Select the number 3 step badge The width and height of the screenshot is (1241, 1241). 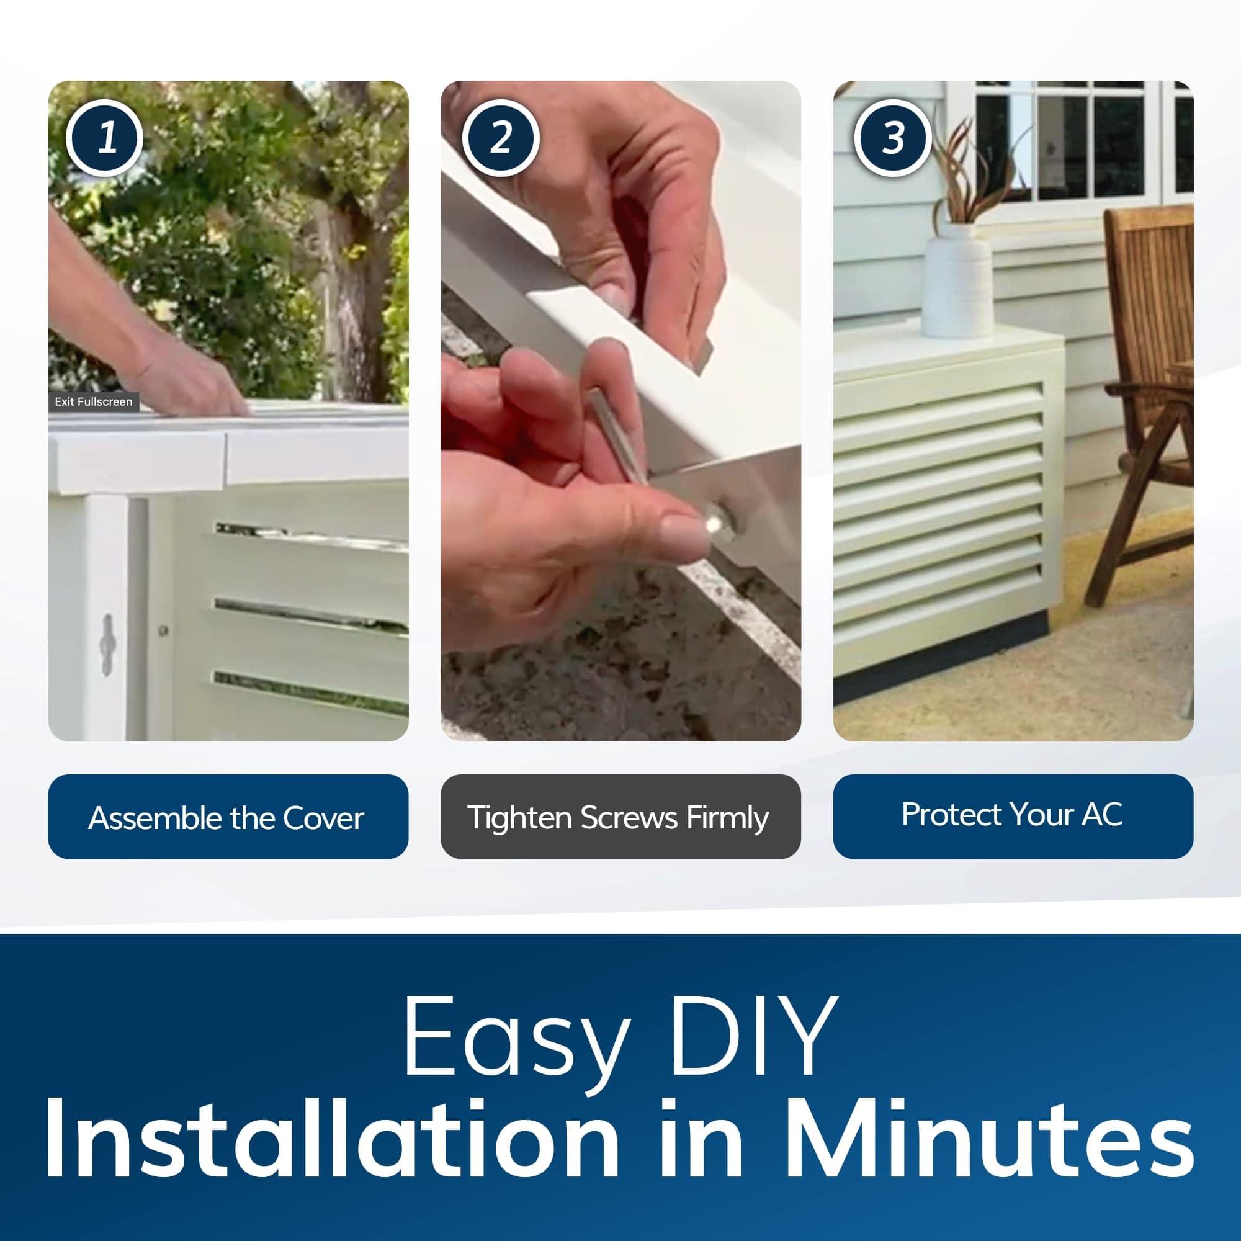(x=892, y=138)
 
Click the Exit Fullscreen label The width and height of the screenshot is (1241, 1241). (x=94, y=401)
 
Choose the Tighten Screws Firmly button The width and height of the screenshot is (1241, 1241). (x=620, y=817)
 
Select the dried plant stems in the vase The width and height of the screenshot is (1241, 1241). (x=967, y=174)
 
